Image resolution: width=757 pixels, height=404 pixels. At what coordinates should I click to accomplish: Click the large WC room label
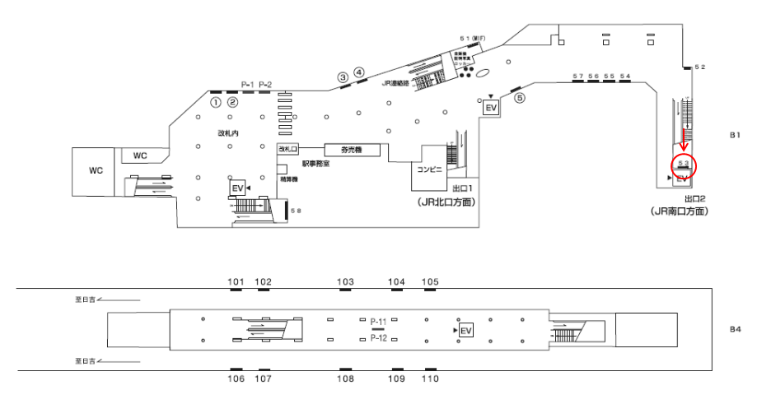[x=96, y=170]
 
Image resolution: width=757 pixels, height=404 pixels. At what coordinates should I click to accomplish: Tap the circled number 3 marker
[x=343, y=77]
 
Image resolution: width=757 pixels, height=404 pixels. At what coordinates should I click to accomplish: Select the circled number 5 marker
[x=519, y=97]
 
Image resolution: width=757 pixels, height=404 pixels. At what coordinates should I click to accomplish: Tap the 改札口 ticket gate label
[x=286, y=149]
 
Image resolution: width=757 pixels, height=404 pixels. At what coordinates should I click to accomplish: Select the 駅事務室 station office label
[x=315, y=164]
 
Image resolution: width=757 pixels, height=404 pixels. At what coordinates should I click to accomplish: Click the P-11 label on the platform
[x=379, y=320]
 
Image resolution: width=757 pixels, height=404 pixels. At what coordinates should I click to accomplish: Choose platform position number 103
[x=346, y=281]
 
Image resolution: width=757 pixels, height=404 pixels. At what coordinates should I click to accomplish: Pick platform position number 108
[x=345, y=378]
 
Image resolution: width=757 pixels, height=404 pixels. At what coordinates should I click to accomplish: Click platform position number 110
[x=430, y=378]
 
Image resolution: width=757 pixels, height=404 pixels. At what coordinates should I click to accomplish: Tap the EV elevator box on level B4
[x=466, y=330]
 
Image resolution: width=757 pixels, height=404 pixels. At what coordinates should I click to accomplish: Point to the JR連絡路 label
[x=396, y=82]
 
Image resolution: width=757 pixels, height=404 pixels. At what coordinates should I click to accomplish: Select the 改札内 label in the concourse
[x=228, y=132]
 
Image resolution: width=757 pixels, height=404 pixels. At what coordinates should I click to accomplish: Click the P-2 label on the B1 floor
[x=265, y=84]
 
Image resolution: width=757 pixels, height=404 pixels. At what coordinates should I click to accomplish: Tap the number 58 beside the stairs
[x=297, y=211]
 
